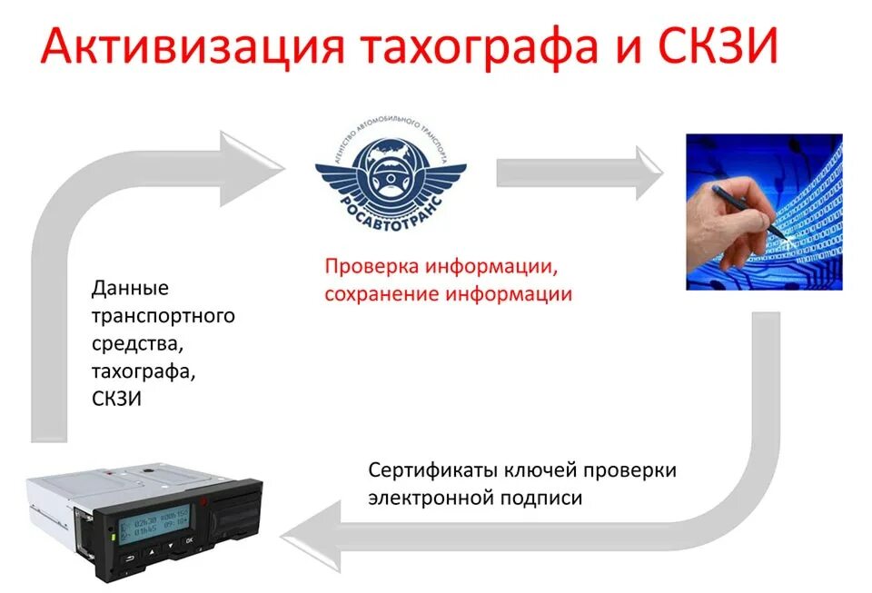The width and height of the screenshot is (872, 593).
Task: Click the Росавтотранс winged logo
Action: pyautogui.click(x=391, y=173)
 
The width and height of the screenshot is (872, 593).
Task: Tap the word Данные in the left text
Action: pyautogui.click(x=131, y=289)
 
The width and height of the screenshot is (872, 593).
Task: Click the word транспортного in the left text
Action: pyautogui.click(x=163, y=316)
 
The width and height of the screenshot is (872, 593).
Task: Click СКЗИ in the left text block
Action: pyautogui.click(x=117, y=399)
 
